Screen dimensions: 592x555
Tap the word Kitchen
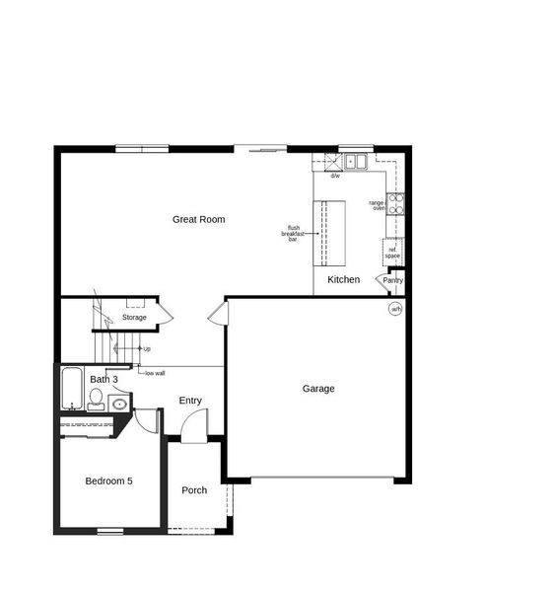(x=344, y=280)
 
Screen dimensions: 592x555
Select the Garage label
(x=317, y=389)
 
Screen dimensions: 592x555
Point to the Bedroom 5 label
(x=108, y=481)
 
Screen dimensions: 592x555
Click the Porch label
(x=194, y=490)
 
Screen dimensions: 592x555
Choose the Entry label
(x=190, y=401)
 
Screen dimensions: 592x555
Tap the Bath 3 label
(x=104, y=379)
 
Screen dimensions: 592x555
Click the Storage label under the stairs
(x=134, y=318)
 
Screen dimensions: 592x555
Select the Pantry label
(x=393, y=280)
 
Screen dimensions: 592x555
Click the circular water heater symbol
(x=395, y=309)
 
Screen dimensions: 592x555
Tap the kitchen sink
(x=355, y=161)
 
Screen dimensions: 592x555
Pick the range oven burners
(x=395, y=204)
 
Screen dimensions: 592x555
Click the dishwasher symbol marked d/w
(x=335, y=177)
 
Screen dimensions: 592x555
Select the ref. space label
(x=392, y=253)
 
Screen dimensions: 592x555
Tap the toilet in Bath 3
(x=96, y=399)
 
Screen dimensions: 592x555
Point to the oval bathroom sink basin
(x=119, y=403)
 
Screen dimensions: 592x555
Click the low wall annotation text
(x=155, y=373)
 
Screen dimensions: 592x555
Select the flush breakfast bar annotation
(x=294, y=234)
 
